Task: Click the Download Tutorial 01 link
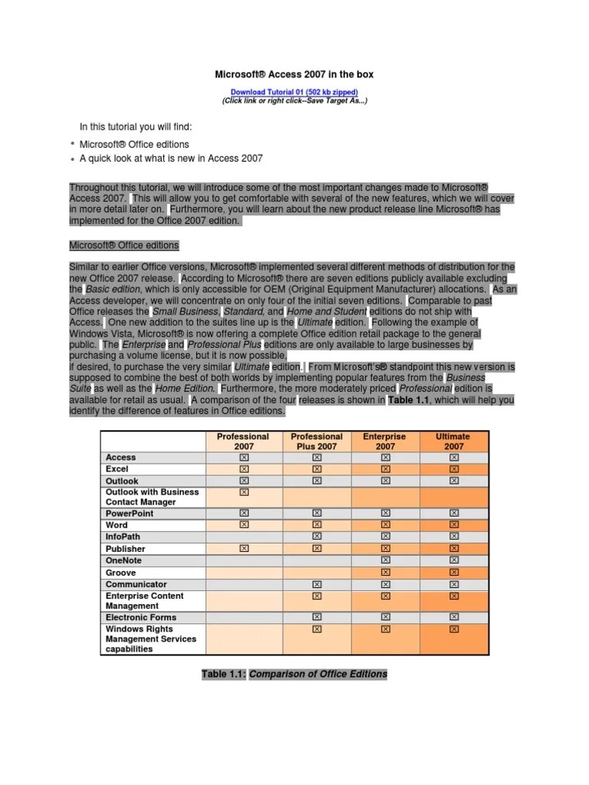click(294, 92)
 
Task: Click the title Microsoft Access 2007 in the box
click(293, 74)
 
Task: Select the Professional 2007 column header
click(243, 441)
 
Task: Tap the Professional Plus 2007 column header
click(317, 441)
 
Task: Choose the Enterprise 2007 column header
click(385, 441)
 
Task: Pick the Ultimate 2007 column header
click(453, 441)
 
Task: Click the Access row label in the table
click(120, 457)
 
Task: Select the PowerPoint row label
click(130, 513)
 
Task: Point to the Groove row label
click(120, 573)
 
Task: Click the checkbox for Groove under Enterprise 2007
click(385, 573)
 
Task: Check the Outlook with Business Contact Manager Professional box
click(244, 492)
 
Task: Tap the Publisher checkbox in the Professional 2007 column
click(244, 549)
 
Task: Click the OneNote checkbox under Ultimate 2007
click(453, 560)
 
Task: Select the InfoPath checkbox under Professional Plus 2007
click(317, 537)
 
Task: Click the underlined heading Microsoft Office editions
click(124, 245)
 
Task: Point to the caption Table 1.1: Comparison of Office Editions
click(294, 675)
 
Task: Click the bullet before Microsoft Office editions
click(72, 144)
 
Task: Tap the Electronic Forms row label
click(141, 617)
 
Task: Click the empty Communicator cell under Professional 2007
click(244, 584)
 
